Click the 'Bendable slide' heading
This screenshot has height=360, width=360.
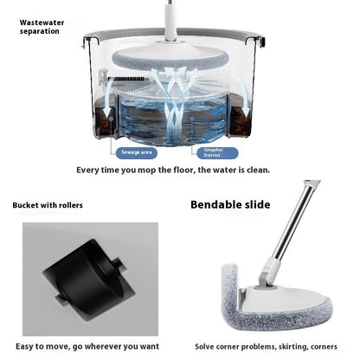(230, 204)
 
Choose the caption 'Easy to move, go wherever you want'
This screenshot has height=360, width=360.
(86, 345)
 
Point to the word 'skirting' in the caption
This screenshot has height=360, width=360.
(267, 345)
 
